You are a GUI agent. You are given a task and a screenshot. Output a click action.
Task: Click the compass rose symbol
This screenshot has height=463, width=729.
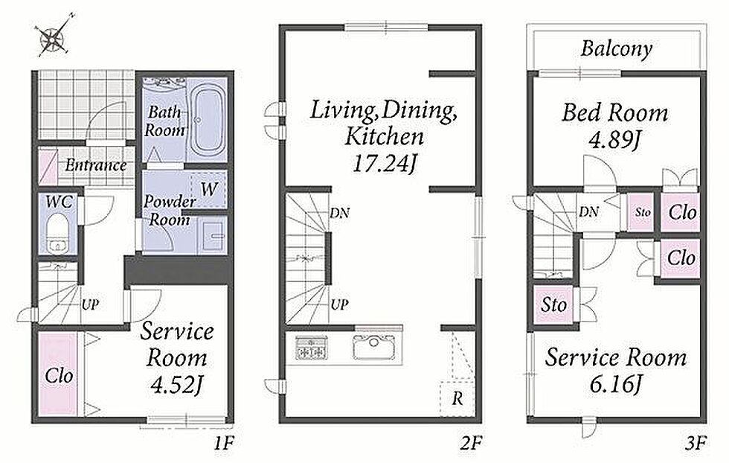pyautogui.click(x=54, y=37)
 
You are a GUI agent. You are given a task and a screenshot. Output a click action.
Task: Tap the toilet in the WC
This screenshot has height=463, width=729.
pyautogui.click(x=57, y=234)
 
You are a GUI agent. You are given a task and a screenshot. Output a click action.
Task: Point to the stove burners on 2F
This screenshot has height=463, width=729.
pyautogui.click(x=312, y=347)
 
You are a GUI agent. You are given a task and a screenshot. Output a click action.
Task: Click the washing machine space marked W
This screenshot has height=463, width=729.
pyautogui.click(x=208, y=189)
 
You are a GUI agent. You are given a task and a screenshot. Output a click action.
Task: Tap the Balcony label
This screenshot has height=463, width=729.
pyautogui.click(x=617, y=48)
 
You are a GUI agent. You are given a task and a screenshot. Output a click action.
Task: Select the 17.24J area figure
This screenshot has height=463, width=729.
pyautogui.click(x=384, y=163)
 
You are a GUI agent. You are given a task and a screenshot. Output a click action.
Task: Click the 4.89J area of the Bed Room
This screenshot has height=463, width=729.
pyautogui.click(x=614, y=139)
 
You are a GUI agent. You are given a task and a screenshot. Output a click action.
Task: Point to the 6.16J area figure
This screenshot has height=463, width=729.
pyautogui.click(x=615, y=384)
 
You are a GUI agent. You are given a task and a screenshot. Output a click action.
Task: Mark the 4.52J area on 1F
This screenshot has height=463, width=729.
pyautogui.click(x=177, y=384)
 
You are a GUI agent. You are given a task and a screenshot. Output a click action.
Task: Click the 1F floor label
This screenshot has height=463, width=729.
pyautogui.click(x=224, y=444)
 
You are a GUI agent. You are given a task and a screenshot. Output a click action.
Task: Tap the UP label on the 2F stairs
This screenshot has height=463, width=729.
pyautogui.click(x=339, y=304)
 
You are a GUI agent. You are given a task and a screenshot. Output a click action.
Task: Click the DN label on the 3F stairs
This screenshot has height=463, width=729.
pyautogui.click(x=588, y=212)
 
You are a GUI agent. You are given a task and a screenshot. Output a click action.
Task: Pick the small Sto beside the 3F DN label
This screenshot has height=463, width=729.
pyautogui.click(x=643, y=212)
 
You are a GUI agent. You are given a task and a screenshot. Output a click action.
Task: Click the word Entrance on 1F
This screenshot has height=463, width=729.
pyautogui.click(x=96, y=165)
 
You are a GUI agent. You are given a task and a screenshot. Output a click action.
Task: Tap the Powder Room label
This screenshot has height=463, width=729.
pyautogui.click(x=169, y=211)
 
